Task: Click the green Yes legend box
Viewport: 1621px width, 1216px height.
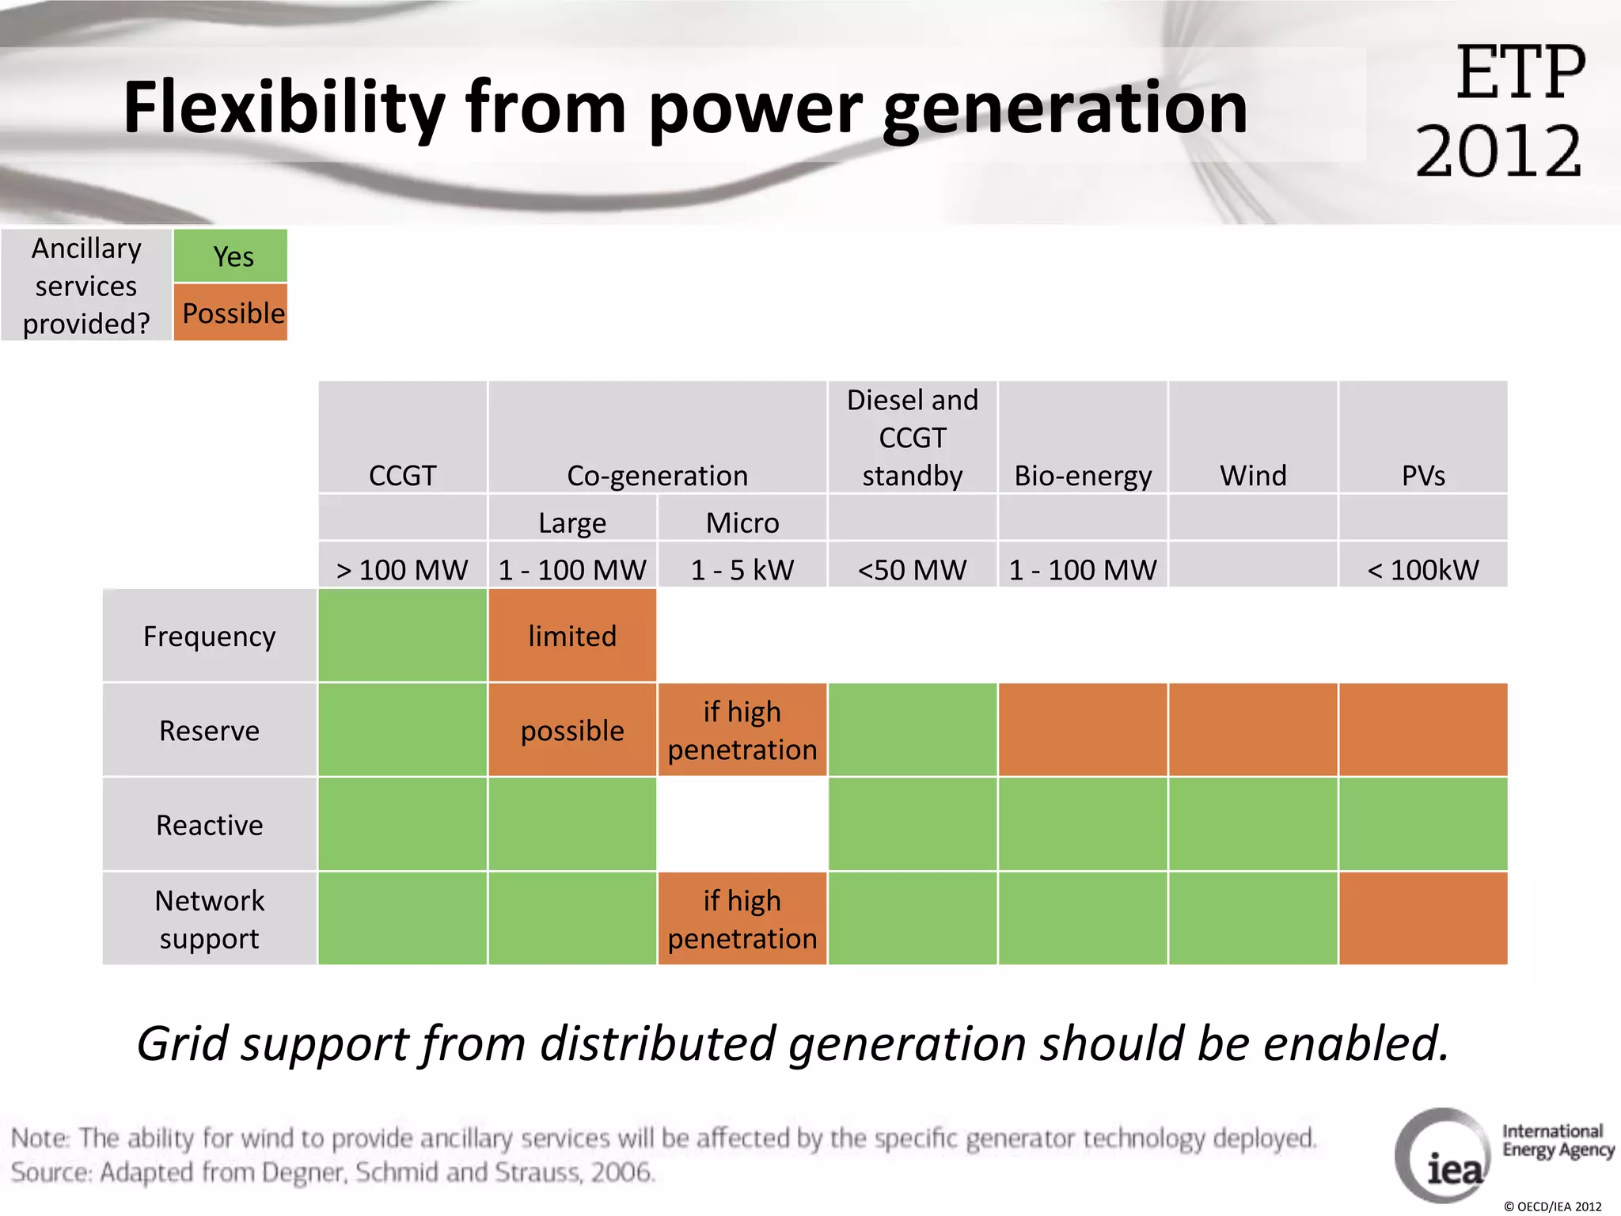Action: (230, 256)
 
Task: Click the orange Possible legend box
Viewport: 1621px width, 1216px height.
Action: (230, 313)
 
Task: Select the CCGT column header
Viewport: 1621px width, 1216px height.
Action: (402, 438)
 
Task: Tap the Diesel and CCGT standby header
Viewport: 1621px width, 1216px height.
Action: (912, 438)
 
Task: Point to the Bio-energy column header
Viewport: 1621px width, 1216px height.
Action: (1082, 438)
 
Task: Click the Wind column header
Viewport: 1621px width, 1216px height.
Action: (1253, 438)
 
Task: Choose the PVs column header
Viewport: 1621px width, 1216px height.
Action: (1423, 438)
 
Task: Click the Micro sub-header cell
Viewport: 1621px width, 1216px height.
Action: (742, 522)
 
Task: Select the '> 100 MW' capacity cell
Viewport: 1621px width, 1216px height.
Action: (402, 569)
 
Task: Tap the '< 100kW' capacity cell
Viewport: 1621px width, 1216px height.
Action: (1423, 569)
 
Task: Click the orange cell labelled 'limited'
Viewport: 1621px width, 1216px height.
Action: (572, 636)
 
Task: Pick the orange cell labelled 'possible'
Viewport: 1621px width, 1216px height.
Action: (572, 730)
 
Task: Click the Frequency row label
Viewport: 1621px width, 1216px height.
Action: (210, 636)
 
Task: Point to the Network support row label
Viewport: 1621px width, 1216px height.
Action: (210, 919)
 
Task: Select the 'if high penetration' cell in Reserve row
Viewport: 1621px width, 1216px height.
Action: (742, 730)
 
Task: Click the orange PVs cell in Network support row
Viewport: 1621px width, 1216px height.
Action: (1423, 919)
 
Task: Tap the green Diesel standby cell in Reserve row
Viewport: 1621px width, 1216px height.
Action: (912, 730)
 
